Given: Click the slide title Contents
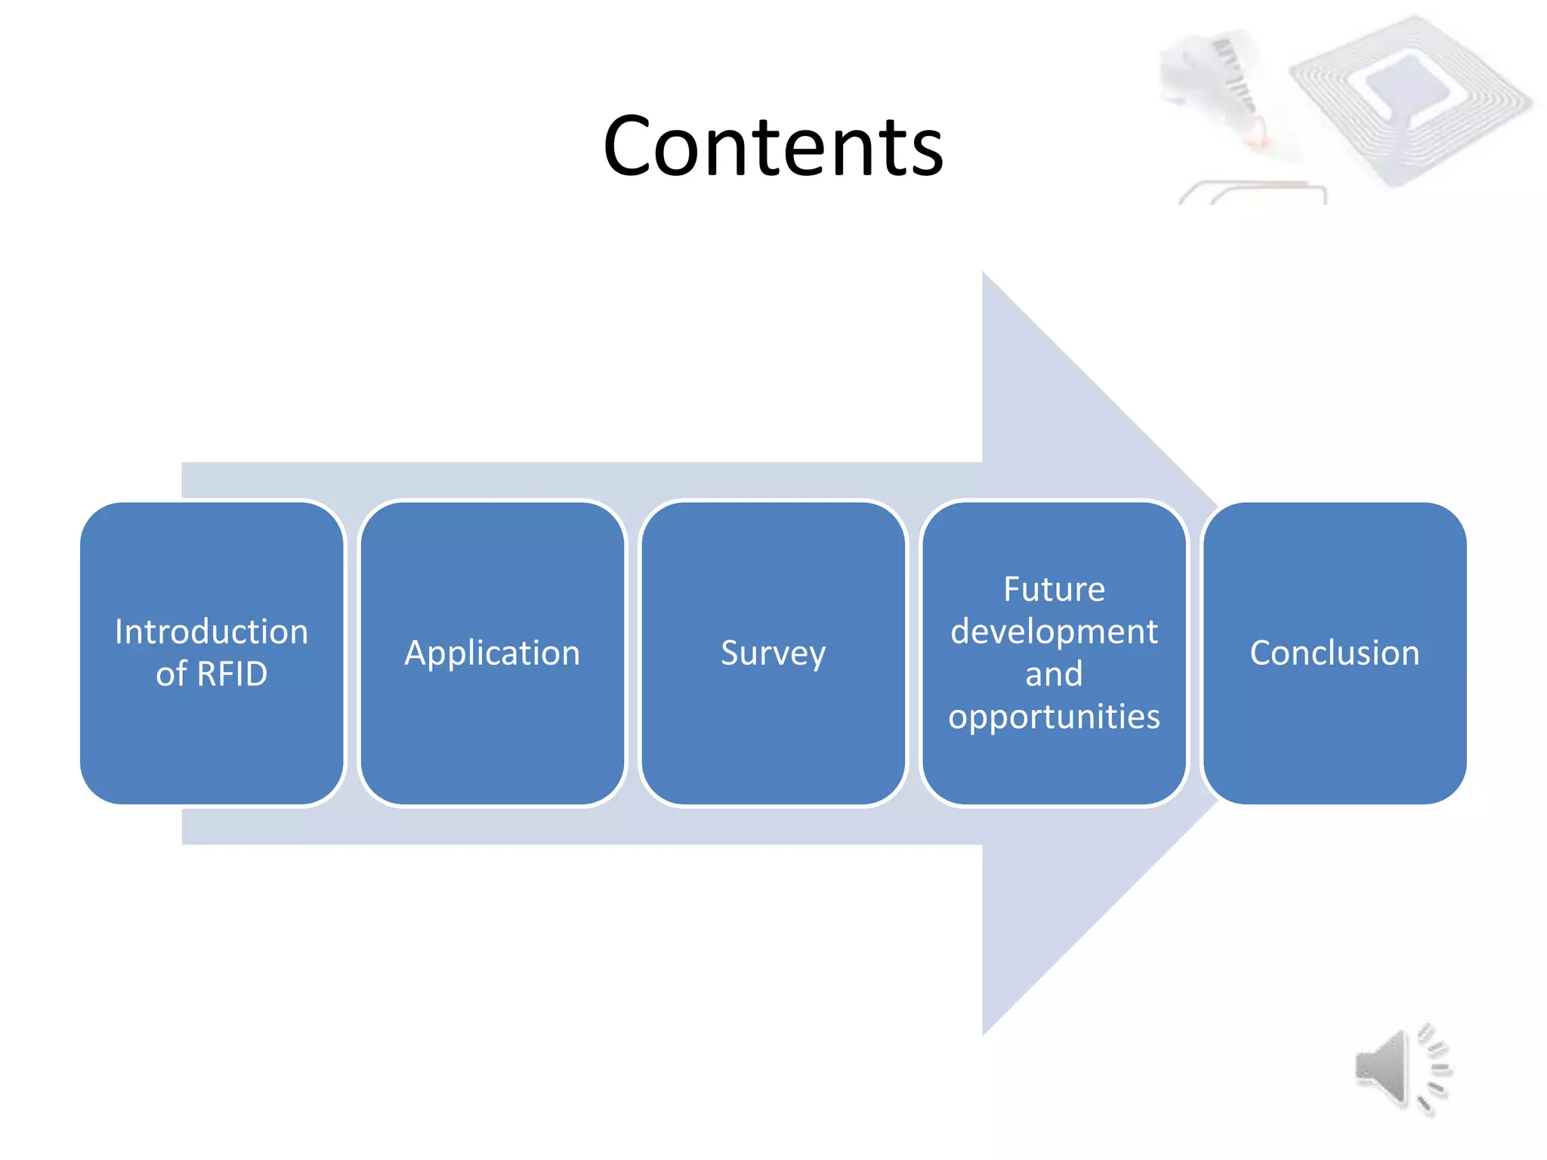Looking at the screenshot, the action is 773,146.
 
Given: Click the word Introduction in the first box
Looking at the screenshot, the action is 212,631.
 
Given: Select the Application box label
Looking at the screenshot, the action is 493,652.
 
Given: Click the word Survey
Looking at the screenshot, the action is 773,653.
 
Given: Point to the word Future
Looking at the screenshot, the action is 1054,589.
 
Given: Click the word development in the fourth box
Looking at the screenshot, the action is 1054,631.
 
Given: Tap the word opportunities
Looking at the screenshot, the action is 1054,716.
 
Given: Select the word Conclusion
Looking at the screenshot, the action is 1335,652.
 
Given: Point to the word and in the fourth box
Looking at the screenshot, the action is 1054,674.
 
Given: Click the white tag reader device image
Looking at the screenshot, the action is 1216,83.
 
